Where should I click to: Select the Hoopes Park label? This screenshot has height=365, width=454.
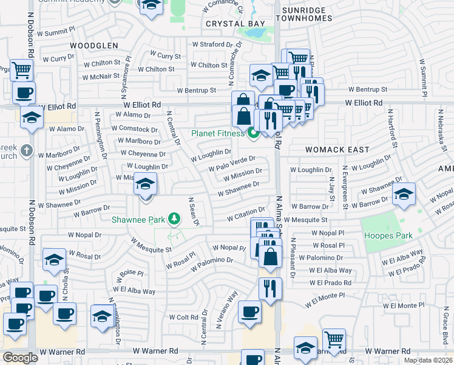[x=387, y=235]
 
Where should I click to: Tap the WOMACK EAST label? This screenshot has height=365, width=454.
[x=320, y=150]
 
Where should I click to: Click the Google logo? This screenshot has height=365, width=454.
[x=21, y=357]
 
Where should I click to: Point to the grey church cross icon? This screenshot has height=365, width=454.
[x=25, y=150]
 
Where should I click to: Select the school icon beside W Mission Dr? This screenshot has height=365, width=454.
[x=145, y=184]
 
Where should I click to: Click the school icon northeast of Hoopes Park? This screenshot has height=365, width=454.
[x=404, y=194]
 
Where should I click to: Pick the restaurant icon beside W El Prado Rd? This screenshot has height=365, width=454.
[x=270, y=287]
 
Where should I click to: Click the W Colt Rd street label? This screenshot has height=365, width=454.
[x=183, y=318]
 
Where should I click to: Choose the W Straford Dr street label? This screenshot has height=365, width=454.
[x=212, y=44]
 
